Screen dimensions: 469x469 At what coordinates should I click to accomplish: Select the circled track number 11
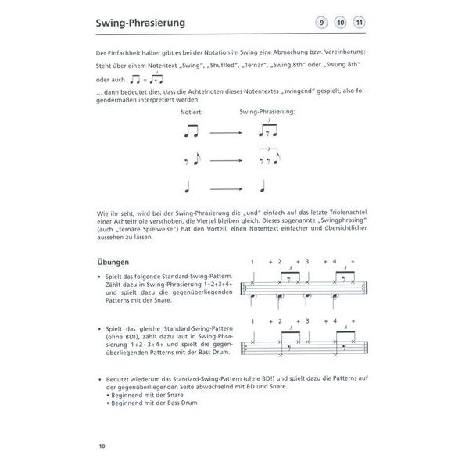(x=360, y=23)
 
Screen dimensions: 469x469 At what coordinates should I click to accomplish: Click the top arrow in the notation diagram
(x=226, y=133)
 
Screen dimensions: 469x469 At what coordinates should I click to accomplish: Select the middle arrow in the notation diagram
(x=226, y=161)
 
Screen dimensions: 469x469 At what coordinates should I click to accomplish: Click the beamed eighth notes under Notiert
(x=189, y=132)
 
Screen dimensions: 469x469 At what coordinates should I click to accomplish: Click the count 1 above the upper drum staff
(x=252, y=261)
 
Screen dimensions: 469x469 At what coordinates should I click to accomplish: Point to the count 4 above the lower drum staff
(x=335, y=321)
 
